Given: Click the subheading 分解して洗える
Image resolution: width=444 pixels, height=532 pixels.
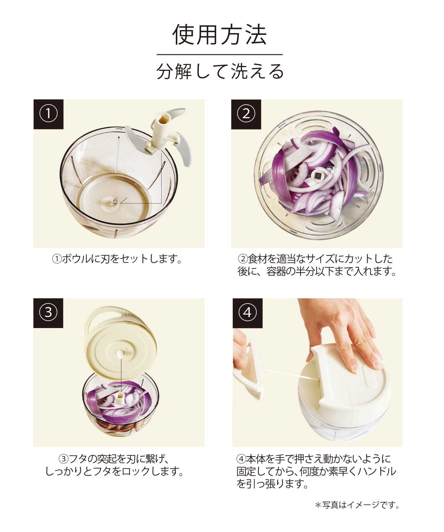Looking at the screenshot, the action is pyautogui.click(x=220, y=72).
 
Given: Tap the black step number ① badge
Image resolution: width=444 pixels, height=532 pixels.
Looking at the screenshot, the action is pyautogui.click(x=48, y=114).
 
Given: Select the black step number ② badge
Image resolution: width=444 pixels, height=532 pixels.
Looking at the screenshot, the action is pyautogui.click(x=246, y=114).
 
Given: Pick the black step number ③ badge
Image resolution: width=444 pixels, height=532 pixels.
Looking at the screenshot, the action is pyautogui.click(x=48, y=313).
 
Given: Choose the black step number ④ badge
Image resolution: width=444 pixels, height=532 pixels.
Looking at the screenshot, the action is pyautogui.click(x=247, y=313).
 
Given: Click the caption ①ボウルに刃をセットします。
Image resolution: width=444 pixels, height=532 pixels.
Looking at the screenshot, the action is pyautogui.click(x=117, y=259).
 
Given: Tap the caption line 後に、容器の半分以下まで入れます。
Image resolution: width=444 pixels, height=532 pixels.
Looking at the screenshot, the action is pyautogui.click(x=317, y=271).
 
